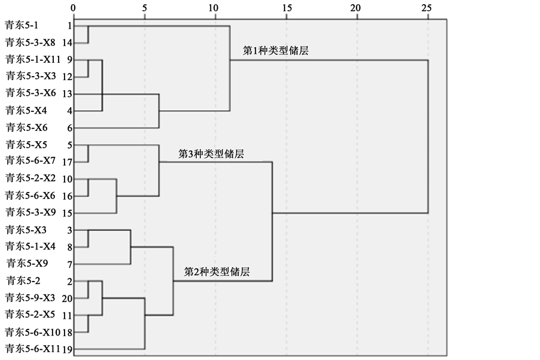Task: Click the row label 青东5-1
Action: [21, 26]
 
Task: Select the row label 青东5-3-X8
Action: [30, 42]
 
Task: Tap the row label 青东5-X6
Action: [25, 128]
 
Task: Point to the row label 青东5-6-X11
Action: [32, 349]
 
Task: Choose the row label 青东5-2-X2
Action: [30, 178]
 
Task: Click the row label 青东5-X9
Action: [25, 263]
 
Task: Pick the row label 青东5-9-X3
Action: [30, 298]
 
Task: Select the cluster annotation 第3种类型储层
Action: [212, 154]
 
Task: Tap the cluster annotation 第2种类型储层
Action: [217, 272]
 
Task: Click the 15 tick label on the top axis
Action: [286, 8]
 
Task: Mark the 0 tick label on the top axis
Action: [73, 8]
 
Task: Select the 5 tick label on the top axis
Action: [145, 8]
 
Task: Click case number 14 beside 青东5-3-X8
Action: [67, 43]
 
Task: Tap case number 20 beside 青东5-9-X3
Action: [67, 298]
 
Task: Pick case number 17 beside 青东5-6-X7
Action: [67, 161]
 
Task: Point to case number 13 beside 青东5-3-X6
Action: [67, 94]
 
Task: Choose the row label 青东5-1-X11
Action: [32, 59]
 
